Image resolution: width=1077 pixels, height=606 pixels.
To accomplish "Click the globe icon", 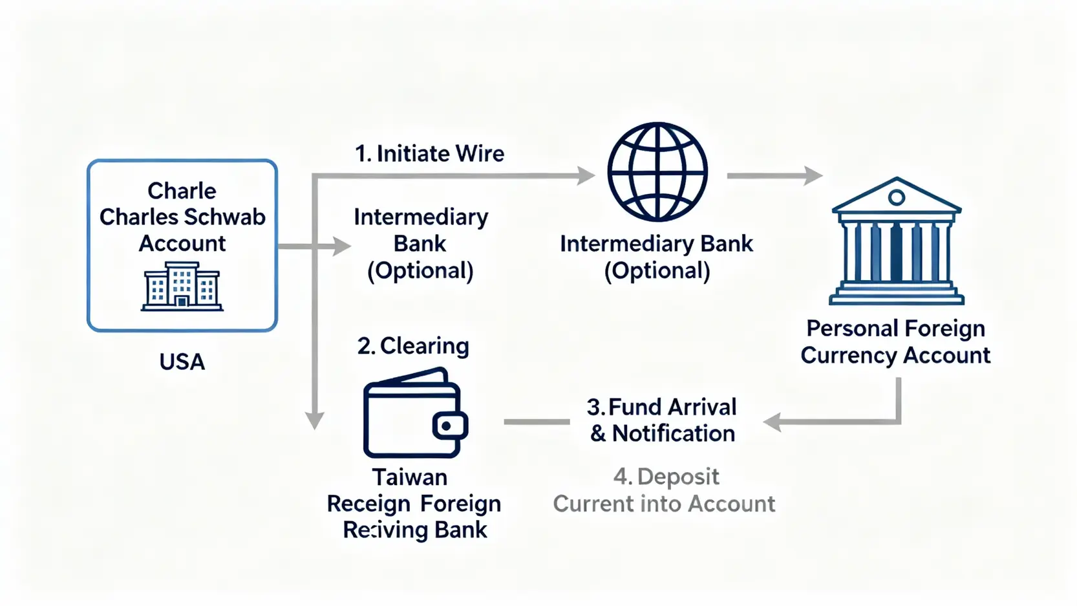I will point(657,172).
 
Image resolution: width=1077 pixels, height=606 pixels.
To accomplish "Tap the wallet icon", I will point(414,414).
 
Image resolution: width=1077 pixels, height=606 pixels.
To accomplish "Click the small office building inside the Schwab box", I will point(182,287).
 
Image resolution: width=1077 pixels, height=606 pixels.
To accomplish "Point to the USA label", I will point(182,362).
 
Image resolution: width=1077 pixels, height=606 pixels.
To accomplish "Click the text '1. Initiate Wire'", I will point(429,154).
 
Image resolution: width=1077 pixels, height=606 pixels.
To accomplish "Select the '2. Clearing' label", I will point(413,346).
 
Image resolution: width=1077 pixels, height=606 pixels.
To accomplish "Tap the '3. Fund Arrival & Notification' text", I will point(662,420).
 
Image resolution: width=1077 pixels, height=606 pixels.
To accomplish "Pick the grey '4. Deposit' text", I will point(666,477).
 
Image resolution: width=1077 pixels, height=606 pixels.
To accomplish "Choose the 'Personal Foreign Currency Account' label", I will point(895,342).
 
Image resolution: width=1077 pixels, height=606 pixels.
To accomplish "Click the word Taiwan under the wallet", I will point(410,477).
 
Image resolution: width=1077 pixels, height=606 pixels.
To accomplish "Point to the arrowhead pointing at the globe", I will point(586,175).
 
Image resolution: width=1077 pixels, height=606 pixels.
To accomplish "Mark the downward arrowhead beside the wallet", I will point(315,421).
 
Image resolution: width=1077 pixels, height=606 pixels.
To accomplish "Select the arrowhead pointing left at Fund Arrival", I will point(773,422).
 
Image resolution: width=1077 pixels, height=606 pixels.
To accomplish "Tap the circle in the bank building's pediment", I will point(896,197).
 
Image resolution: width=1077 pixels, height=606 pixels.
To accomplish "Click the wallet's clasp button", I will point(446,426).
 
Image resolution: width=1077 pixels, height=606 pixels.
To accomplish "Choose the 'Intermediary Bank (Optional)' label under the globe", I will point(657,257).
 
